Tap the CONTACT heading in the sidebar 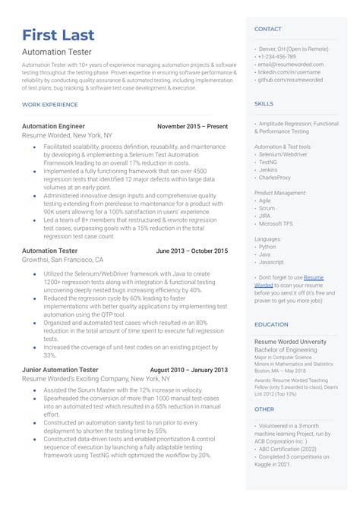[268, 29]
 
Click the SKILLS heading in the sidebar [264, 103]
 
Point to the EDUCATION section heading [272, 324]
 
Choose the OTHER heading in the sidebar [264, 409]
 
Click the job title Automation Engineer [53, 126]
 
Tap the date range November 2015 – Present [192, 126]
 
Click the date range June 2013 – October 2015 [191, 251]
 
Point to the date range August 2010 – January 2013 [188, 370]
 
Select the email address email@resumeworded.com [291, 65]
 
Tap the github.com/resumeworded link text [290, 80]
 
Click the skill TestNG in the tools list [269, 162]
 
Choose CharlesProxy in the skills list [275, 178]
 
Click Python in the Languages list [267, 247]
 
